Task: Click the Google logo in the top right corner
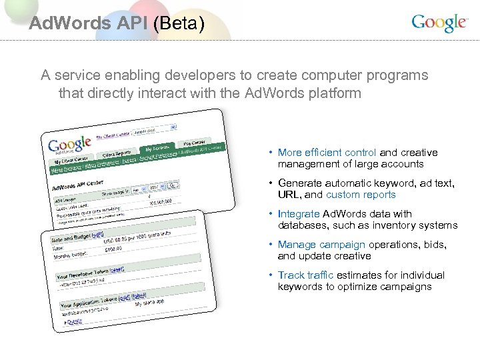click(x=439, y=23)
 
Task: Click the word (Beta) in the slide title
click(x=178, y=23)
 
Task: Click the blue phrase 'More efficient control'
click(x=327, y=153)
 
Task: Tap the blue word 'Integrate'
click(x=299, y=214)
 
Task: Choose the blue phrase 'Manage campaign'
click(x=321, y=245)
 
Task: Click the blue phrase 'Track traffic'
click(x=305, y=275)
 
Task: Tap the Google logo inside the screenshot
click(x=68, y=145)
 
